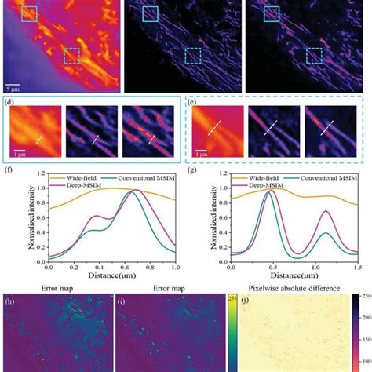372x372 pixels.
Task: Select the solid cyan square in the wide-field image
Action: click(29, 13)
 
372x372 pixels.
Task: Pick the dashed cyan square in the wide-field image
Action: click(72, 55)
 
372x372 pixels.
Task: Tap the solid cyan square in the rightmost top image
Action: click(271, 13)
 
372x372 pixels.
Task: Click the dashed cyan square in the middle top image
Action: click(193, 55)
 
